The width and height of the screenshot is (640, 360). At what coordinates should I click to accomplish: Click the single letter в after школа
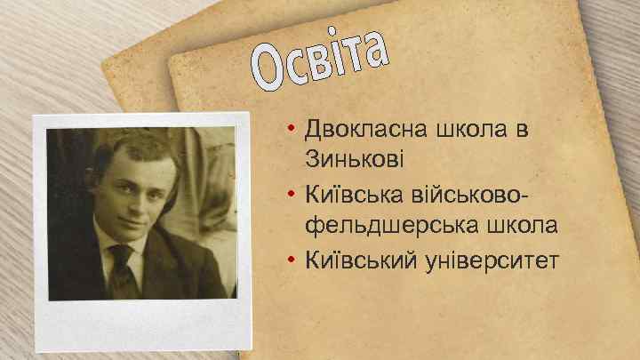pos(522,130)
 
